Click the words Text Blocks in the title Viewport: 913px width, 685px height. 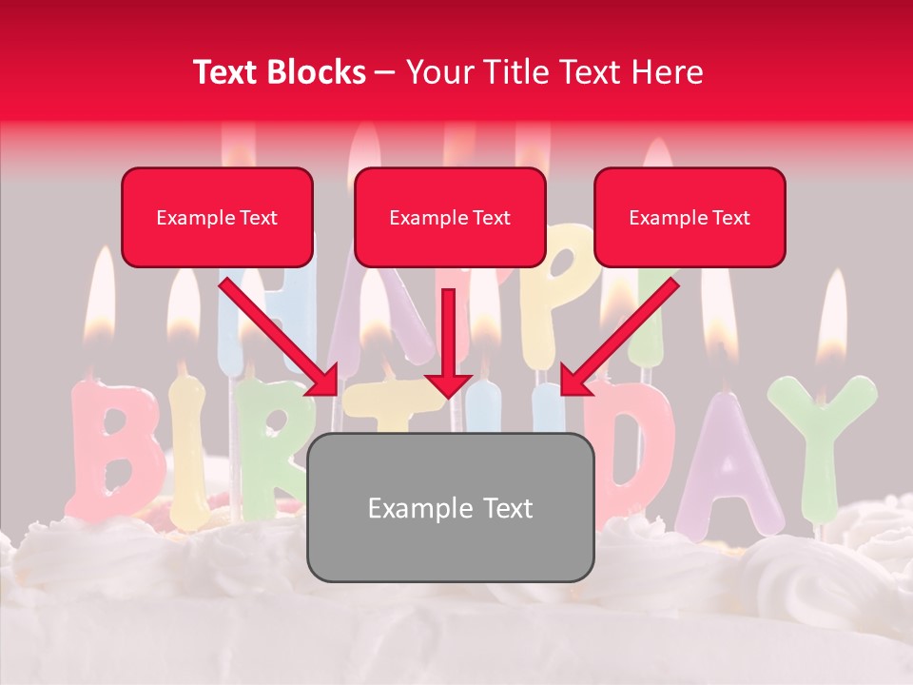[x=279, y=72]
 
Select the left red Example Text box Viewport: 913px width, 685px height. [x=217, y=218]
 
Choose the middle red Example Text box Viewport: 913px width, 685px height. [x=450, y=218]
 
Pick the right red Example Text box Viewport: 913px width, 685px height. [x=690, y=218]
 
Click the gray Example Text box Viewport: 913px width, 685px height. [x=451, y=508]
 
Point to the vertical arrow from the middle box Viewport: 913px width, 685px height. [x=448, y=342]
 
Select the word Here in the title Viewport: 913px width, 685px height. [x=670, y=72]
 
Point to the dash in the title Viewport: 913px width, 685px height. [x=385, y=72]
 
